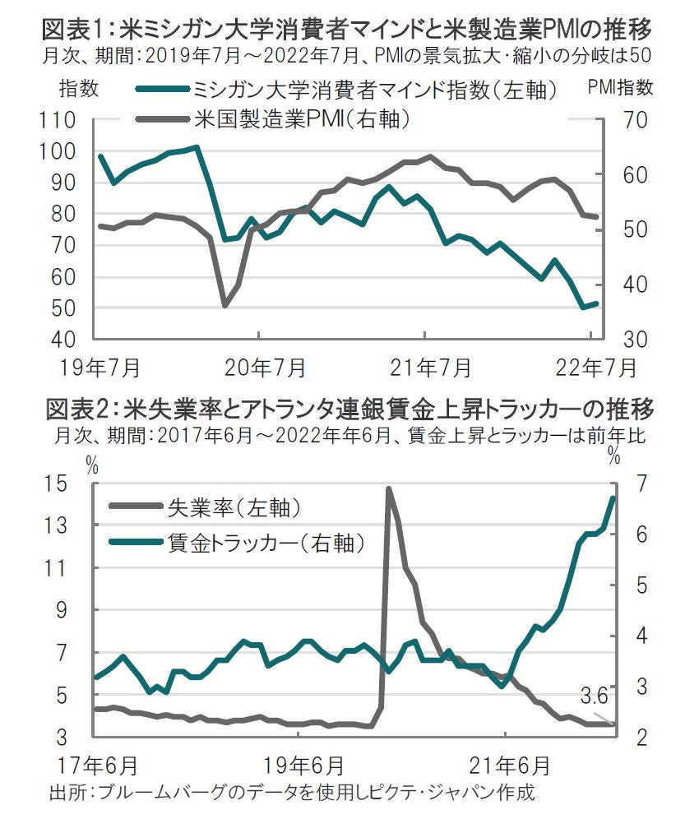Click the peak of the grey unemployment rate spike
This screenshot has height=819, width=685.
387,488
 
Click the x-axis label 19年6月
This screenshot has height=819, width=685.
306,764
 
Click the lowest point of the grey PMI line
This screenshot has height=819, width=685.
225,306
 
